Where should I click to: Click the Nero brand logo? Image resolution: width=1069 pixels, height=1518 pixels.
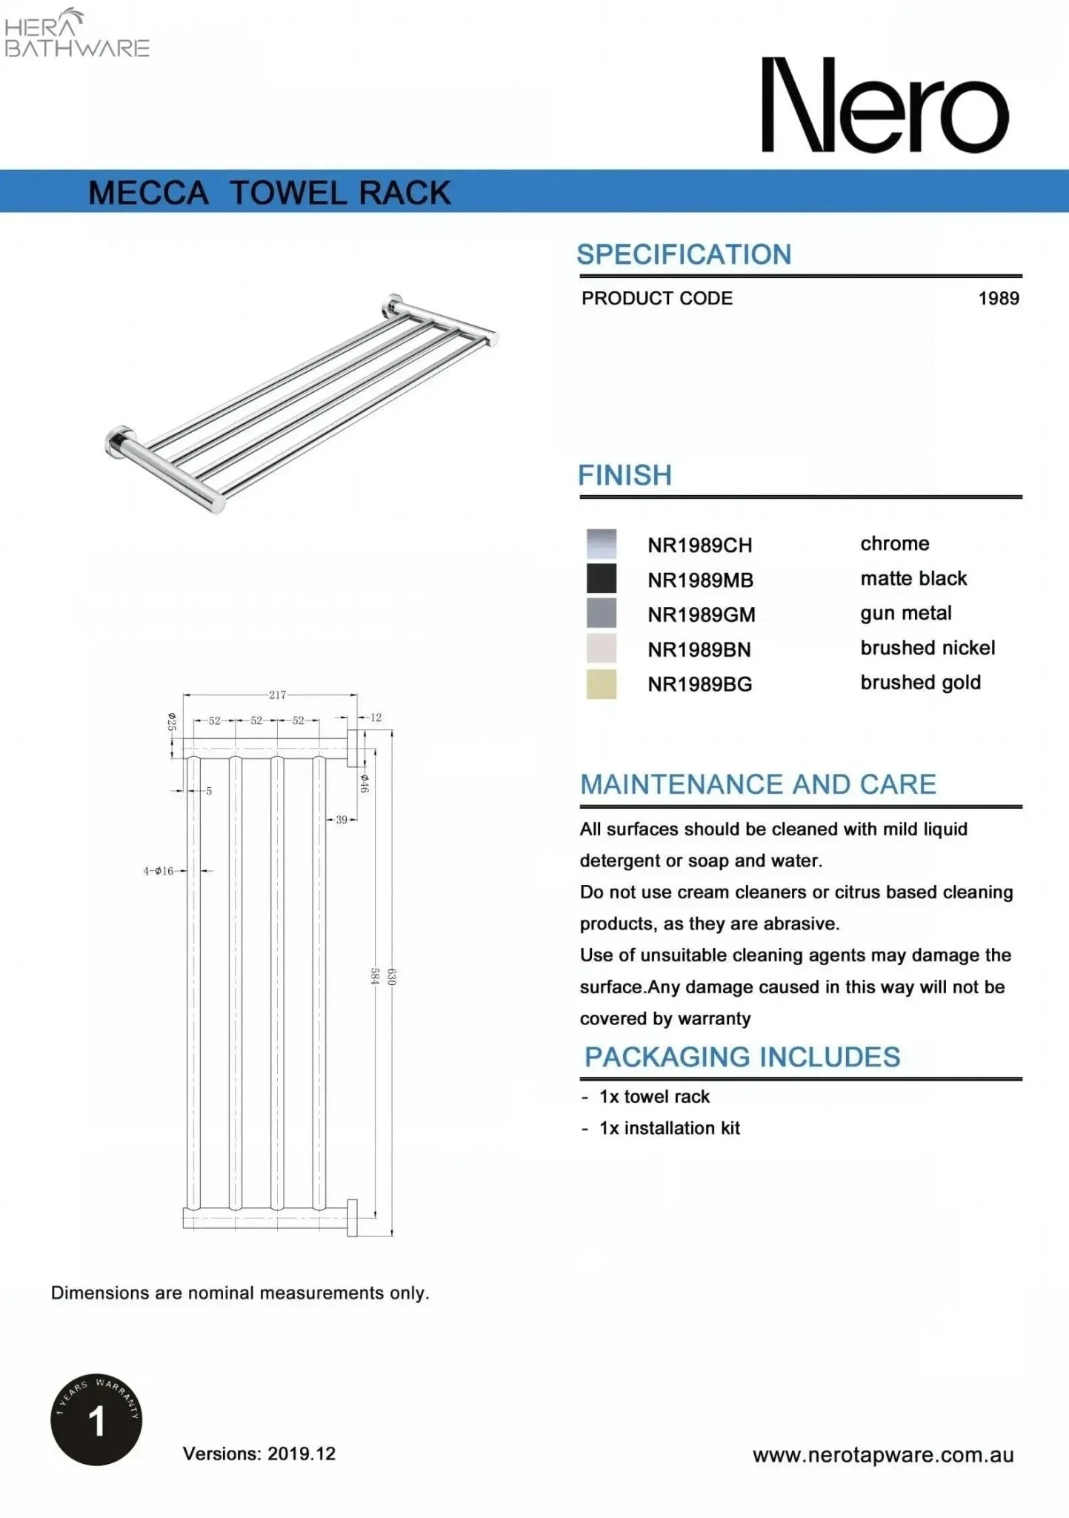(x=885, y=105)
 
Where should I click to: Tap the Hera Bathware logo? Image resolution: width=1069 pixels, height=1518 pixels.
(x=76, y=35)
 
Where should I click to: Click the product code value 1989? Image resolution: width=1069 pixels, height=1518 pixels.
(x=998, y=299)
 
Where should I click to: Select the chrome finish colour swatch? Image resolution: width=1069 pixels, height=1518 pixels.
(x=601, y=544)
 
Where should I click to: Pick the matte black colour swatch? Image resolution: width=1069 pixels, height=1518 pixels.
(x=601, y=579)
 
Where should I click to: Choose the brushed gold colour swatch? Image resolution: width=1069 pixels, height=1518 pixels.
(x=601, y=684)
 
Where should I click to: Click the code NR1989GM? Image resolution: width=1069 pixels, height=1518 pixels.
(x=701, y=615)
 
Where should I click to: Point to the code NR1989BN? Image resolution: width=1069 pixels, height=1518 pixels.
(x=699, y=650)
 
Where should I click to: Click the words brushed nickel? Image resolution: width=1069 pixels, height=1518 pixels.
(x=927, y=648)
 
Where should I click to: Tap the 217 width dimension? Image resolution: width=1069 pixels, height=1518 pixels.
(x=277, y=695)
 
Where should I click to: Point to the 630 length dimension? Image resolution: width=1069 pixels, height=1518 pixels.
(x=392, y=977)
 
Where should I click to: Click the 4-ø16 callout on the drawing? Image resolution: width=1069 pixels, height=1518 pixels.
(x=159, y=871)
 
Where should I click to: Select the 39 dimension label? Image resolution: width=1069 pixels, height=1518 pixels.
(x=342, y=820)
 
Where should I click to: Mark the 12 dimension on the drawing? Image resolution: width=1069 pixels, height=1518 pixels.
(x=376, y=717)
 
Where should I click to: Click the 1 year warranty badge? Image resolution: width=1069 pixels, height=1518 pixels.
(x=96, y=1419)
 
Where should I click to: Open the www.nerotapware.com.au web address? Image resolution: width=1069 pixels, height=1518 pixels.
(x=882, y=1455)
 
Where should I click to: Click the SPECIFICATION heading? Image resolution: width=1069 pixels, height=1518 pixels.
(x=684, y=255)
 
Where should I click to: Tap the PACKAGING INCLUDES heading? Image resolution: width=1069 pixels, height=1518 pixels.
(x=742, y=1057)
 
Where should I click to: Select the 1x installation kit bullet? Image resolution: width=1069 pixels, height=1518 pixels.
(x=669, y=1128)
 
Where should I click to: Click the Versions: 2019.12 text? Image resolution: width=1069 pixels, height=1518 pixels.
(x=259, y=1454)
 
